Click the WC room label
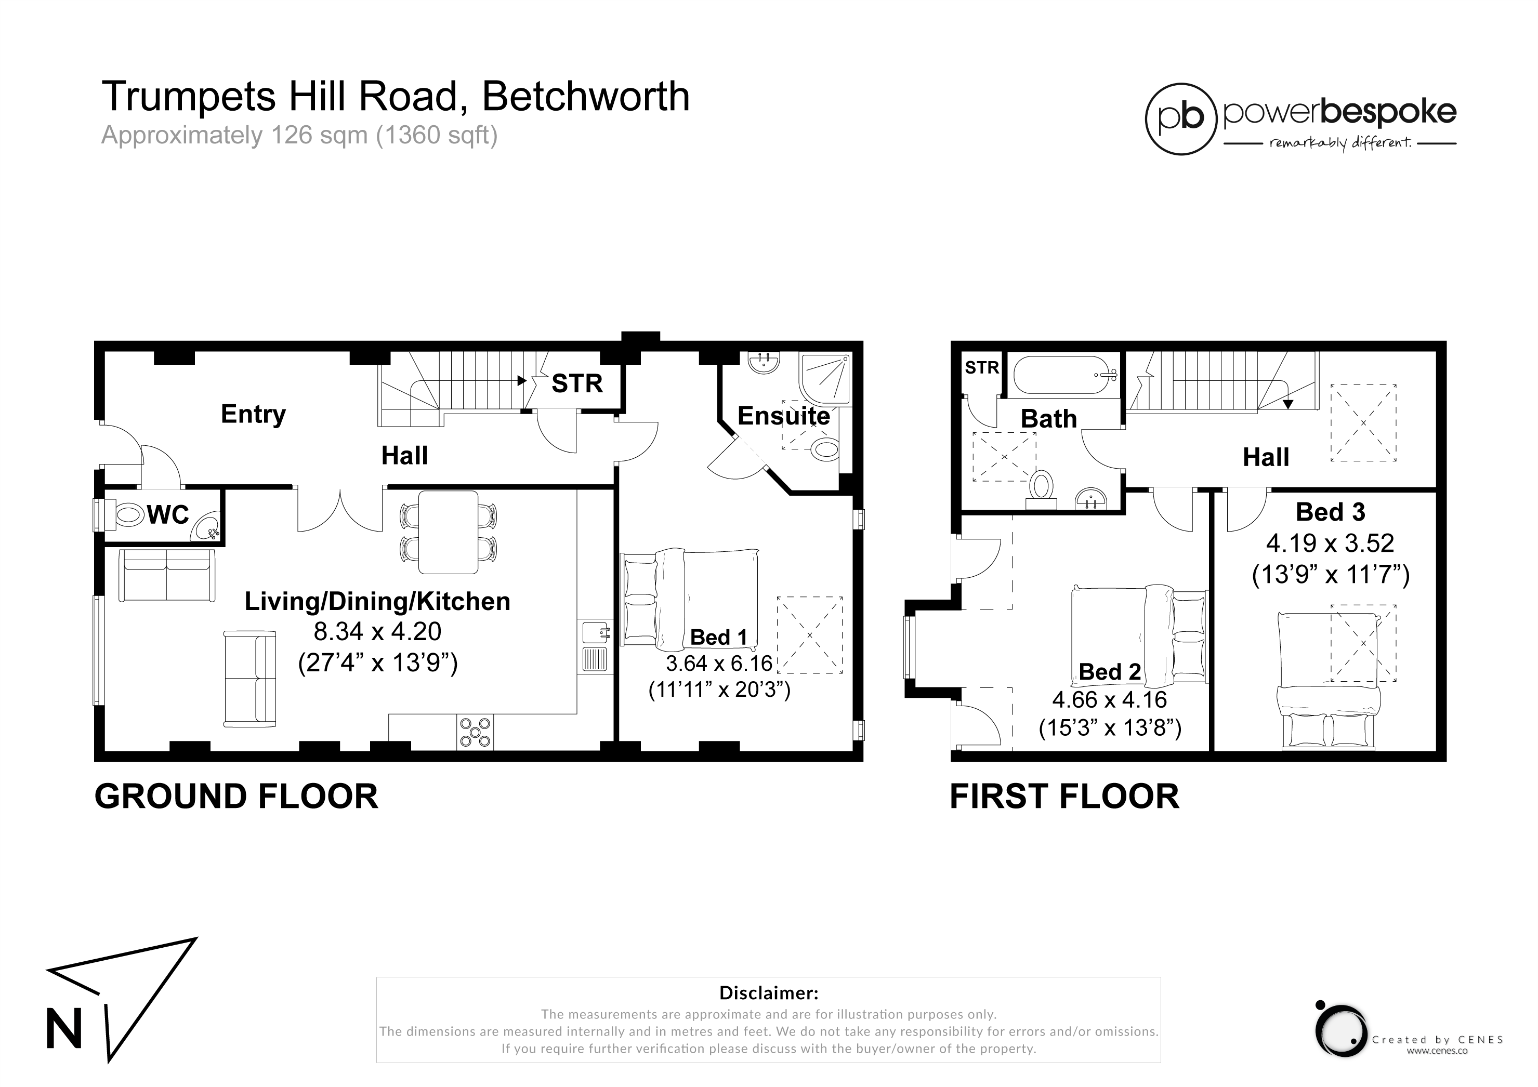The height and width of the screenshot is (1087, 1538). coord(167,515)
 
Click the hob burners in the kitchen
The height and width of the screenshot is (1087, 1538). coord(475,732)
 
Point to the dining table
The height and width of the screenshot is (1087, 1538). coord(448,533)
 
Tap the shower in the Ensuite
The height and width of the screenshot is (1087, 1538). coord(825,379)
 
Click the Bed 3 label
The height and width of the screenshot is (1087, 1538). coord(1330,512)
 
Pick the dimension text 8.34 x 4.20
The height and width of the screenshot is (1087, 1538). coord(378,631)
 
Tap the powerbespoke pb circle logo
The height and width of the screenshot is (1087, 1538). coord(1180,119)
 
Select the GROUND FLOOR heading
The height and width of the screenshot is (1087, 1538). coord(236,797)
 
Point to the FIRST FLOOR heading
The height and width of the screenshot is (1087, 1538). coord(1064,797)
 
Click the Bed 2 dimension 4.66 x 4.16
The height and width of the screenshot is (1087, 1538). coord(1109,700)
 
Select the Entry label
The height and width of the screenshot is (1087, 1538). coord(253,415)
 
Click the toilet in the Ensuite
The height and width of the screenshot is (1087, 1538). coord(825,449)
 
